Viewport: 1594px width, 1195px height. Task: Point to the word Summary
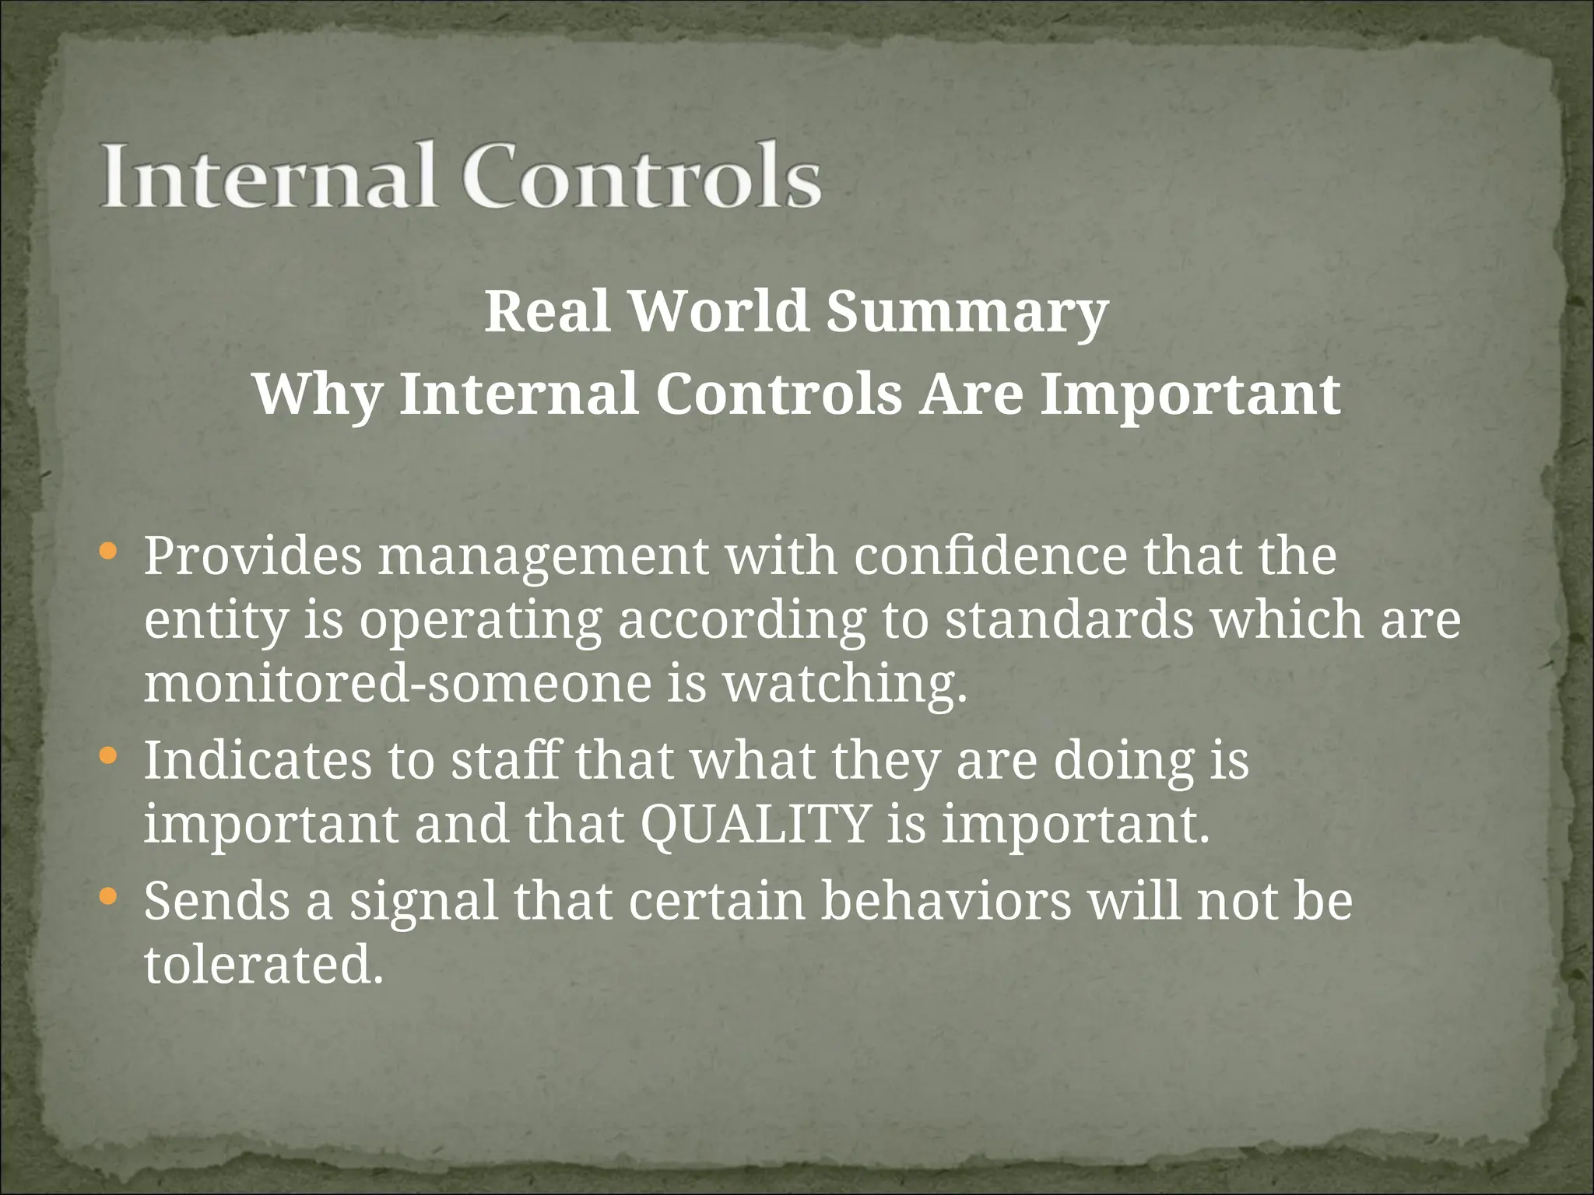[x=967, y=312]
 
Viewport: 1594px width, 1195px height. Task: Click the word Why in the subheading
[x=318, y=394]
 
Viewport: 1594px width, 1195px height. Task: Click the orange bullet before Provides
[x=109, y=552]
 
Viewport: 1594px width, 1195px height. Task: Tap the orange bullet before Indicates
[x=109, y=755]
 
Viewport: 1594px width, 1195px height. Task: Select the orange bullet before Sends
[x=109, y=897]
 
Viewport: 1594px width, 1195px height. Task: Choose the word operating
[x=480, y=622]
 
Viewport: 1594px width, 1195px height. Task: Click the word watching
[x=845, y=684]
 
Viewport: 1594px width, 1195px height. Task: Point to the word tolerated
[x=264, y=965]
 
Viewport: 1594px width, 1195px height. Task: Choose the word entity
[x=216, y=622]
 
